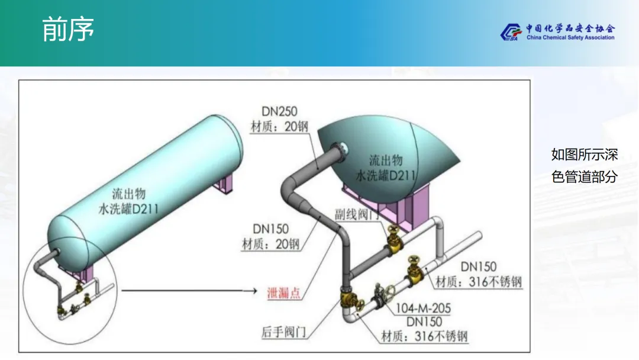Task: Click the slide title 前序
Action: (68, 30)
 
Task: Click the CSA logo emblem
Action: (509, 33)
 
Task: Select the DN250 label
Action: (279, 111)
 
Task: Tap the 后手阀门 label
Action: (283, 332)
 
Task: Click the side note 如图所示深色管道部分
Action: (584, 166)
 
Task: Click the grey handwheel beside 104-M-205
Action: (390, 292)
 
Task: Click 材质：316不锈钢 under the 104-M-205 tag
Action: (424, 337)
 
